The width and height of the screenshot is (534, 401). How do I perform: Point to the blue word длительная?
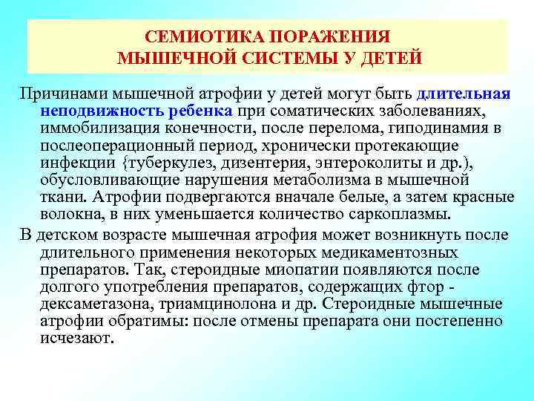point(464,94)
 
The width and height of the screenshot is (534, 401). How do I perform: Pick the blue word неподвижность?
point(93,111)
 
